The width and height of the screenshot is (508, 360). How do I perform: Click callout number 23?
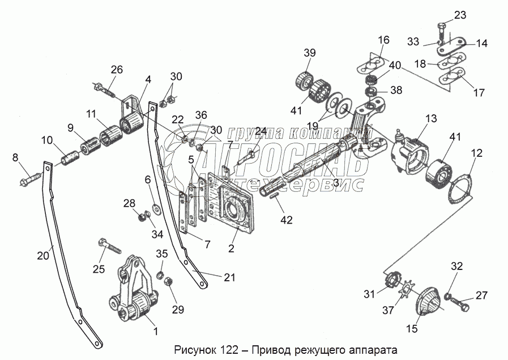coord(460,15)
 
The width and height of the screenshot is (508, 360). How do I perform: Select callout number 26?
coord(116,70)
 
